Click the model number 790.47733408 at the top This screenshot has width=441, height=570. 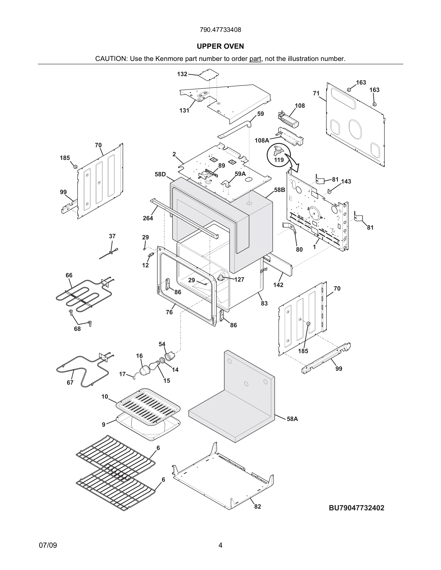220,30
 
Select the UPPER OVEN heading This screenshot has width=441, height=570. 220,46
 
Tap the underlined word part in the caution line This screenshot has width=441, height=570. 255,59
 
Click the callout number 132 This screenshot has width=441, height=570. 182,74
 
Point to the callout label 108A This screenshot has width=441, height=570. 262,140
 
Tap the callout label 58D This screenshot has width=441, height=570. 160,174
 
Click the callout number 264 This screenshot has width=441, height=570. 148,218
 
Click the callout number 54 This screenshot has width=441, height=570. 162,344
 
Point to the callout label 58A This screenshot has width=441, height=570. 292,419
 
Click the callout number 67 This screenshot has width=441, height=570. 70,382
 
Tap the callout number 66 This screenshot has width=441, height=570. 69,275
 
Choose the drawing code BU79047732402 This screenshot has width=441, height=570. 356,508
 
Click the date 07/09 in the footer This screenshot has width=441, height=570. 48,545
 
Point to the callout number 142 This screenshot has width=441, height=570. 278,285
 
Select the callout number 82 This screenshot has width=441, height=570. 257,506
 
